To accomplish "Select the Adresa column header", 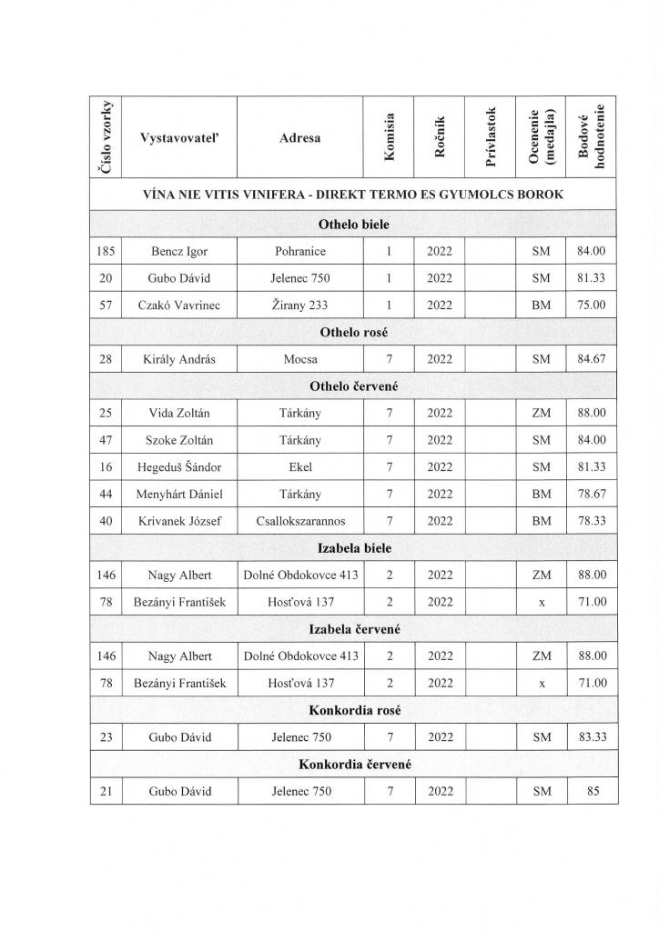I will (x=300, y=138).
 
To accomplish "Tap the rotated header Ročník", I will (x=440, y=137).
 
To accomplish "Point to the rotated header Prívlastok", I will (x=492, y=137).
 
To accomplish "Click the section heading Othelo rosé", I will (x=354, y=333).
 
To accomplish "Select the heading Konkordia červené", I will (x=354, y=764).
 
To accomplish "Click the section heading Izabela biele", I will (x=354, y=547).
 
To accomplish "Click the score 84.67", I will (x=592, y=359).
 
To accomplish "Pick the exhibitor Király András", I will (x=178, y=359).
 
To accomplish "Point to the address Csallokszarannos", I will (x=300, y=521).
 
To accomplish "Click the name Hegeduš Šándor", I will (x=178, y=467).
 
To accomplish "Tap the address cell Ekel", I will (x=300, y=467).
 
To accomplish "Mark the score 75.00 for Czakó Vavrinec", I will (x=592, y=305).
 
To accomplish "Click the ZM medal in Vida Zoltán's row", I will (x=542, y=413).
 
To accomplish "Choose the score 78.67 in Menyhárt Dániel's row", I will (x=592, y=494).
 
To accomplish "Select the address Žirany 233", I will (x=300, y=305).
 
